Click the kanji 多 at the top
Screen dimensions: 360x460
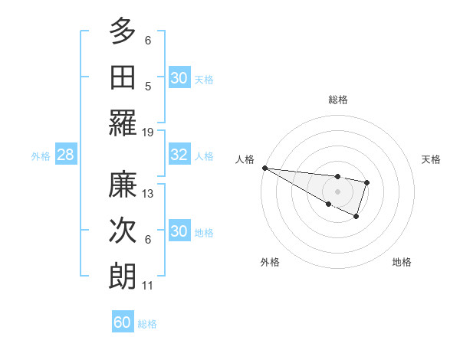click(123, 31)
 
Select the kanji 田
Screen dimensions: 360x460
click(123, 77)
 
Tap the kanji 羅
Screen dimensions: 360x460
click(123, 123)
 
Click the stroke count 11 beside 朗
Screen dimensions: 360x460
click(148, 286)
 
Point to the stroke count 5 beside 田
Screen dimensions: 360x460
click(148, 87)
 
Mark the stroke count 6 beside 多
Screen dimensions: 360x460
click(148, 41)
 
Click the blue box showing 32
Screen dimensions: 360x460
click(179, 155)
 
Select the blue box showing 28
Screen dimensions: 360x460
click(65, 155)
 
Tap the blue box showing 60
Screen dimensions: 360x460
click(123, 322)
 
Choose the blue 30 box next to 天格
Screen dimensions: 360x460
click(179, 78)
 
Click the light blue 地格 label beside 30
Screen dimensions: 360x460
click(204, 232)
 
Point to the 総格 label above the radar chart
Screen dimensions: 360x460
click(337, 100)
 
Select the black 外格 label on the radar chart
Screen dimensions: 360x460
click(270, 263)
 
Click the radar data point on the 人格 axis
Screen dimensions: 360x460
click(264, 168)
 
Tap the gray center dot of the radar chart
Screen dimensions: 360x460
click(337, 191)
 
